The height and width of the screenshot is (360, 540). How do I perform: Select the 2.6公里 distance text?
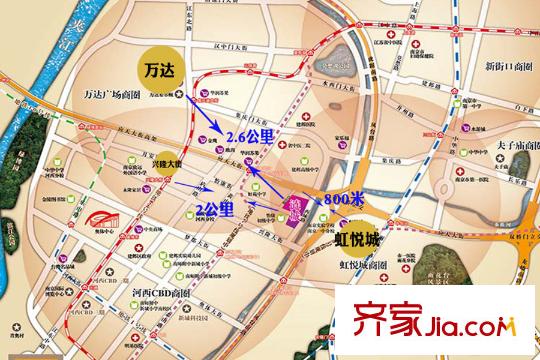pyautogui.click(x=250, y=137)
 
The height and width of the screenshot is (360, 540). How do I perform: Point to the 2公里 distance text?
pyautogui.click(x=215, y=208)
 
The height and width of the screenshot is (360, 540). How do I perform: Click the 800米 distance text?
pyautogui.click(x=341, y=199)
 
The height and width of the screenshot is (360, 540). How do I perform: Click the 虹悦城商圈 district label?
pyautogui.click(x=363, y=269)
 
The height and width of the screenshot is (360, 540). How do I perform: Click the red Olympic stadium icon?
pyautogui.click(x=89, y=222)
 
